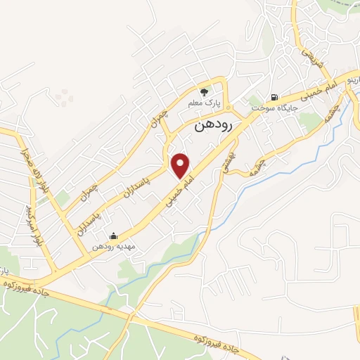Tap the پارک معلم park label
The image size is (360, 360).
(204, 103)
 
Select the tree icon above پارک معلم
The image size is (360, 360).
(204, 91)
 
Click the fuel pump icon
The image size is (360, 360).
(274, 98)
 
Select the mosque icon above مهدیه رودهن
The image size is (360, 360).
(113, 236)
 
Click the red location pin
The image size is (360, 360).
(181, 166)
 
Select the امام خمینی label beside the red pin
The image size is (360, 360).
(181, 190)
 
